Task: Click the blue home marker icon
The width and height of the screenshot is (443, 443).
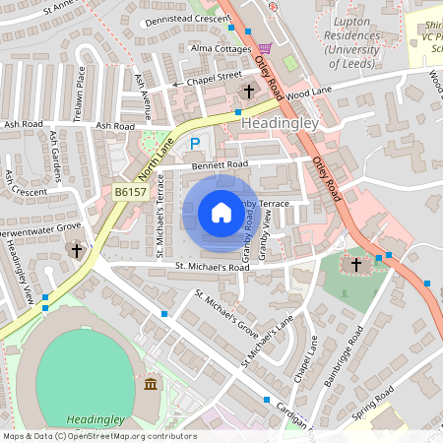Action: pyautogui.click(x=221, y=213)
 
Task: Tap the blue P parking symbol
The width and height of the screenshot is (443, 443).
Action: pyautogui.click(x=195, y=144)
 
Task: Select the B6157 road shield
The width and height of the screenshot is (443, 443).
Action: pyautogui.click(x=130, y=193)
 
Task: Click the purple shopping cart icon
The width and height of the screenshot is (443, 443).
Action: pyautogui.click(x=264, y=47)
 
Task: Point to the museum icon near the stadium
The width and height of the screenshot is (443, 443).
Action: pyautogui.click(x=150, y=383)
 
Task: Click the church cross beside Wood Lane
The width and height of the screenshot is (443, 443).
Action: pyautogui.click(x=249, y=92)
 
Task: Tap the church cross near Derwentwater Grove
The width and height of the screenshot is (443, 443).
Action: pyautogui.click(x=77, y=251)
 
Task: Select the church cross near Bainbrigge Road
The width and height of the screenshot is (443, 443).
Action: pyautogui.click(x=356, y=265)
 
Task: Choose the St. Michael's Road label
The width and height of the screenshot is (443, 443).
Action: pyautogui.click(x=212, y=267)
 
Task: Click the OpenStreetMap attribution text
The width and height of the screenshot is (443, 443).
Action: pyautogui.click(x=98, y=435)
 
